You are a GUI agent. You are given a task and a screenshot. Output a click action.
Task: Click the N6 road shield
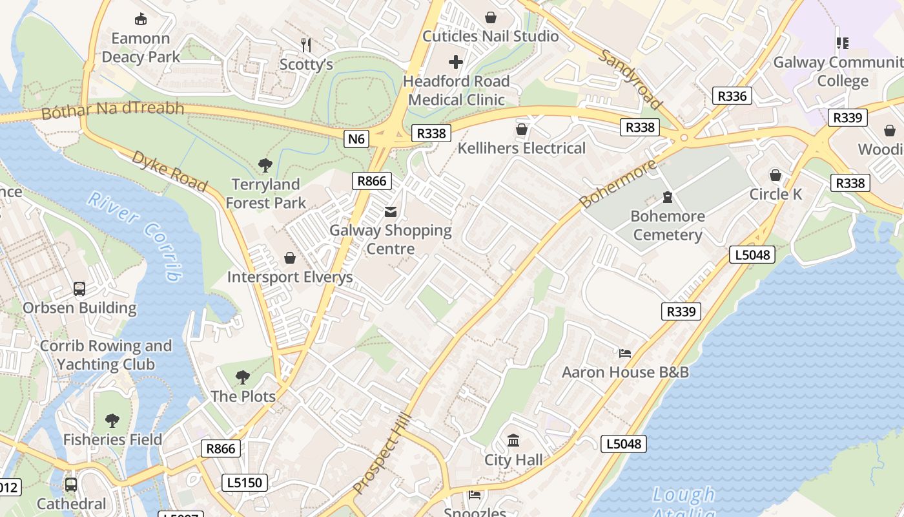click(356, 138)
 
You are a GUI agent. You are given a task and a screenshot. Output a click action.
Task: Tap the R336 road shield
click(732, 96)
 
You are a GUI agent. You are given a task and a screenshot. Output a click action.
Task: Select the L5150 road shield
click(245, 482)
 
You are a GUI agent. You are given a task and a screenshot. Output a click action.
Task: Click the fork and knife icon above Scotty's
click(306, 45)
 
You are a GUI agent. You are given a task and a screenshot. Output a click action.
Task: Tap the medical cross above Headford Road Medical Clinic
click(456, 62)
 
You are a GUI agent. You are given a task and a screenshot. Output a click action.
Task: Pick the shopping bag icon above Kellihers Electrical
click(521, 130)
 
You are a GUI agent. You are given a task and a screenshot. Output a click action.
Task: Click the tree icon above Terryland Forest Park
click(265, 165)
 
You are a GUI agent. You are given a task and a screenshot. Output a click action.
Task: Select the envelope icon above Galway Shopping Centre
click(391, 211)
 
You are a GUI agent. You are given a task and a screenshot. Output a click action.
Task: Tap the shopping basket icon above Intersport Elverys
click(290, 258)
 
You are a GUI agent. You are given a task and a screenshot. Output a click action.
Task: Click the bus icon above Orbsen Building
click(79, 289)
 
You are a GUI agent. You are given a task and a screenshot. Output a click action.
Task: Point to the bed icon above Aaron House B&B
click(624, 353)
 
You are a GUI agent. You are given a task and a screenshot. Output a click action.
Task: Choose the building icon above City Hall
click(513, 441)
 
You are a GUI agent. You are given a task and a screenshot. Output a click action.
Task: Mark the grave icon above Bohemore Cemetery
click(667, 197)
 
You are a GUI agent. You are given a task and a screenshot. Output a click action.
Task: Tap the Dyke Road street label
click(169, 171)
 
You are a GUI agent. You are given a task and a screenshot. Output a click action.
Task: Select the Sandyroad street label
click(630, 79)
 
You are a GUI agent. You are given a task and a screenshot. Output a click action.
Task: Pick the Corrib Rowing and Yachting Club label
click(106, 355)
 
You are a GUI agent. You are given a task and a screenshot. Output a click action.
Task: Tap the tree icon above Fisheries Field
click(112, 421)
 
